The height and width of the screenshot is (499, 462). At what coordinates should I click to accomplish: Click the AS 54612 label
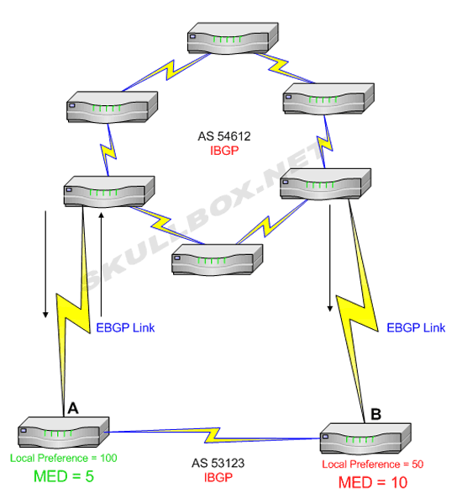[x=224, y=136]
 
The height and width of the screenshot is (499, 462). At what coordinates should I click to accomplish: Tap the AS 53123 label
[x=218, y=463]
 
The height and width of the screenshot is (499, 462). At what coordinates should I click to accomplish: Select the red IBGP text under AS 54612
[x=224, y=151]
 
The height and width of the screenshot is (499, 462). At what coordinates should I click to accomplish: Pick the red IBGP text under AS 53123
[x=218, y=477]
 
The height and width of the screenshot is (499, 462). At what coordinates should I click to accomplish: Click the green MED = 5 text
[x=64, y=476]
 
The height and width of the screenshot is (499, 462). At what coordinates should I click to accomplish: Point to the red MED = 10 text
[x=373, y=482]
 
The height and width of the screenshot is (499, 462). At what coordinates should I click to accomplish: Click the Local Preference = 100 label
[x=64, y=458]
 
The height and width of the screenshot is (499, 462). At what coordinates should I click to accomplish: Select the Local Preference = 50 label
[x=373, y=464]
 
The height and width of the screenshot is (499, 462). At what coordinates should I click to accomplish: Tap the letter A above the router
[x=73, y=408]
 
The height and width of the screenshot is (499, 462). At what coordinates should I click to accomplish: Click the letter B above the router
[x=375, y=414]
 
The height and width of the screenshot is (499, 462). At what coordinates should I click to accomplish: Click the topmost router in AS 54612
[x=233, y=38]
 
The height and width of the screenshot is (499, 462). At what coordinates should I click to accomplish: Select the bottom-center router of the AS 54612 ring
[x=218, y=259]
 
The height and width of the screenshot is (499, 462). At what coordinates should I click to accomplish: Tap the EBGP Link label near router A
[x=125, y=328]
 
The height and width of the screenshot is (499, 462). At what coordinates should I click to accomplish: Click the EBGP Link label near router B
[x=416, y=328]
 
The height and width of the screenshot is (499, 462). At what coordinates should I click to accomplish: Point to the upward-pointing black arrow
[x=102, y=264]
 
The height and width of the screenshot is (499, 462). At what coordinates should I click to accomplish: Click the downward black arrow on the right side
[x=330, y=258]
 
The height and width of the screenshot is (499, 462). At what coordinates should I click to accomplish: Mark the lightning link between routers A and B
[x=213, y=435]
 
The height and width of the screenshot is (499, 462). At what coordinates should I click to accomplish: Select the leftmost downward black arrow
[x=45, y=264]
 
